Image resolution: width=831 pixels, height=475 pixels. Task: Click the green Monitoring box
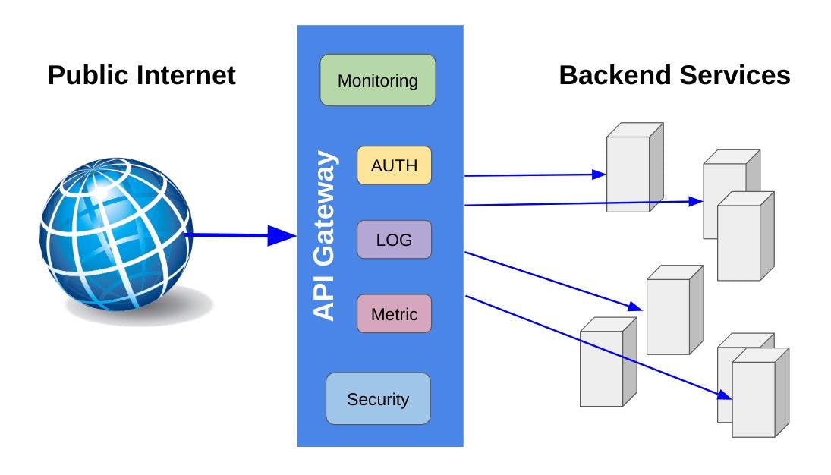[x=377, y=80]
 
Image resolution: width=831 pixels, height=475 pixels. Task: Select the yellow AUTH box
[x=394, y=165]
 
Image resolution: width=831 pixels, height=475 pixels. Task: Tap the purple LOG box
[x=394, y=240]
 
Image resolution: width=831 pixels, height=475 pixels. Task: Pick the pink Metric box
[x=394, y=313]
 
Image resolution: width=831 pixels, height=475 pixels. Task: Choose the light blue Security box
[x=377, y=398]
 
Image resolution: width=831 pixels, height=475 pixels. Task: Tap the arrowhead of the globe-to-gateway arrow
[x=284, y=236]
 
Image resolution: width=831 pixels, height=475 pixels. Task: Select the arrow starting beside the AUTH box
[x=531, y=175]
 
